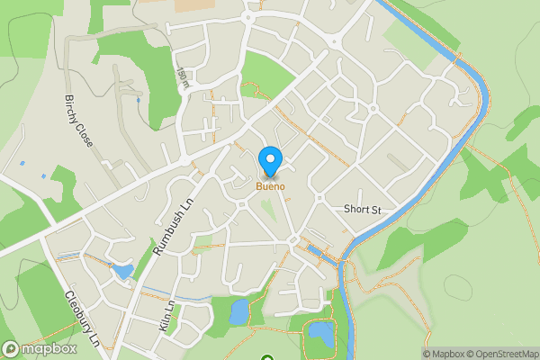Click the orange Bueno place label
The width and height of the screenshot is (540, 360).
(x=270, y=186)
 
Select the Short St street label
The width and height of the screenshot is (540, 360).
(x=363, y=209)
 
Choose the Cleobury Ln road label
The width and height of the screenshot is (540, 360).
(x=81, y=318)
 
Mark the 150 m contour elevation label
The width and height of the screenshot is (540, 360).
(x=184, y=78)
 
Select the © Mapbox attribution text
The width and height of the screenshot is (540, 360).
(x=444, y=354)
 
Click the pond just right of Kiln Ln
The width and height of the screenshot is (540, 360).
(x=239, y=311)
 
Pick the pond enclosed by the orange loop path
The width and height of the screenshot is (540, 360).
(x=320, y=332)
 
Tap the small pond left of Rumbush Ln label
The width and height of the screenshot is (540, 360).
(x=121, y=270)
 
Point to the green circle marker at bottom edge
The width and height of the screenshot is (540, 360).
(x=266, y=358)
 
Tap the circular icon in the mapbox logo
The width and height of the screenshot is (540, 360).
(x=11, y=349)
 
